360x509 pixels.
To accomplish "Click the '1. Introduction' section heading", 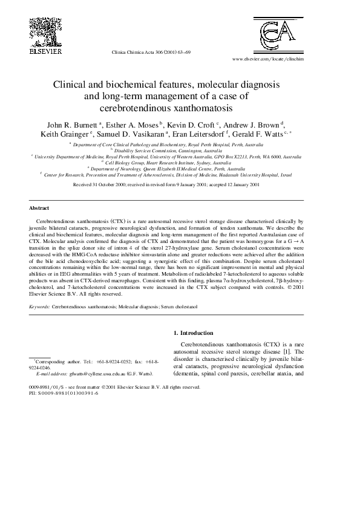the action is tap(193, 332).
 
